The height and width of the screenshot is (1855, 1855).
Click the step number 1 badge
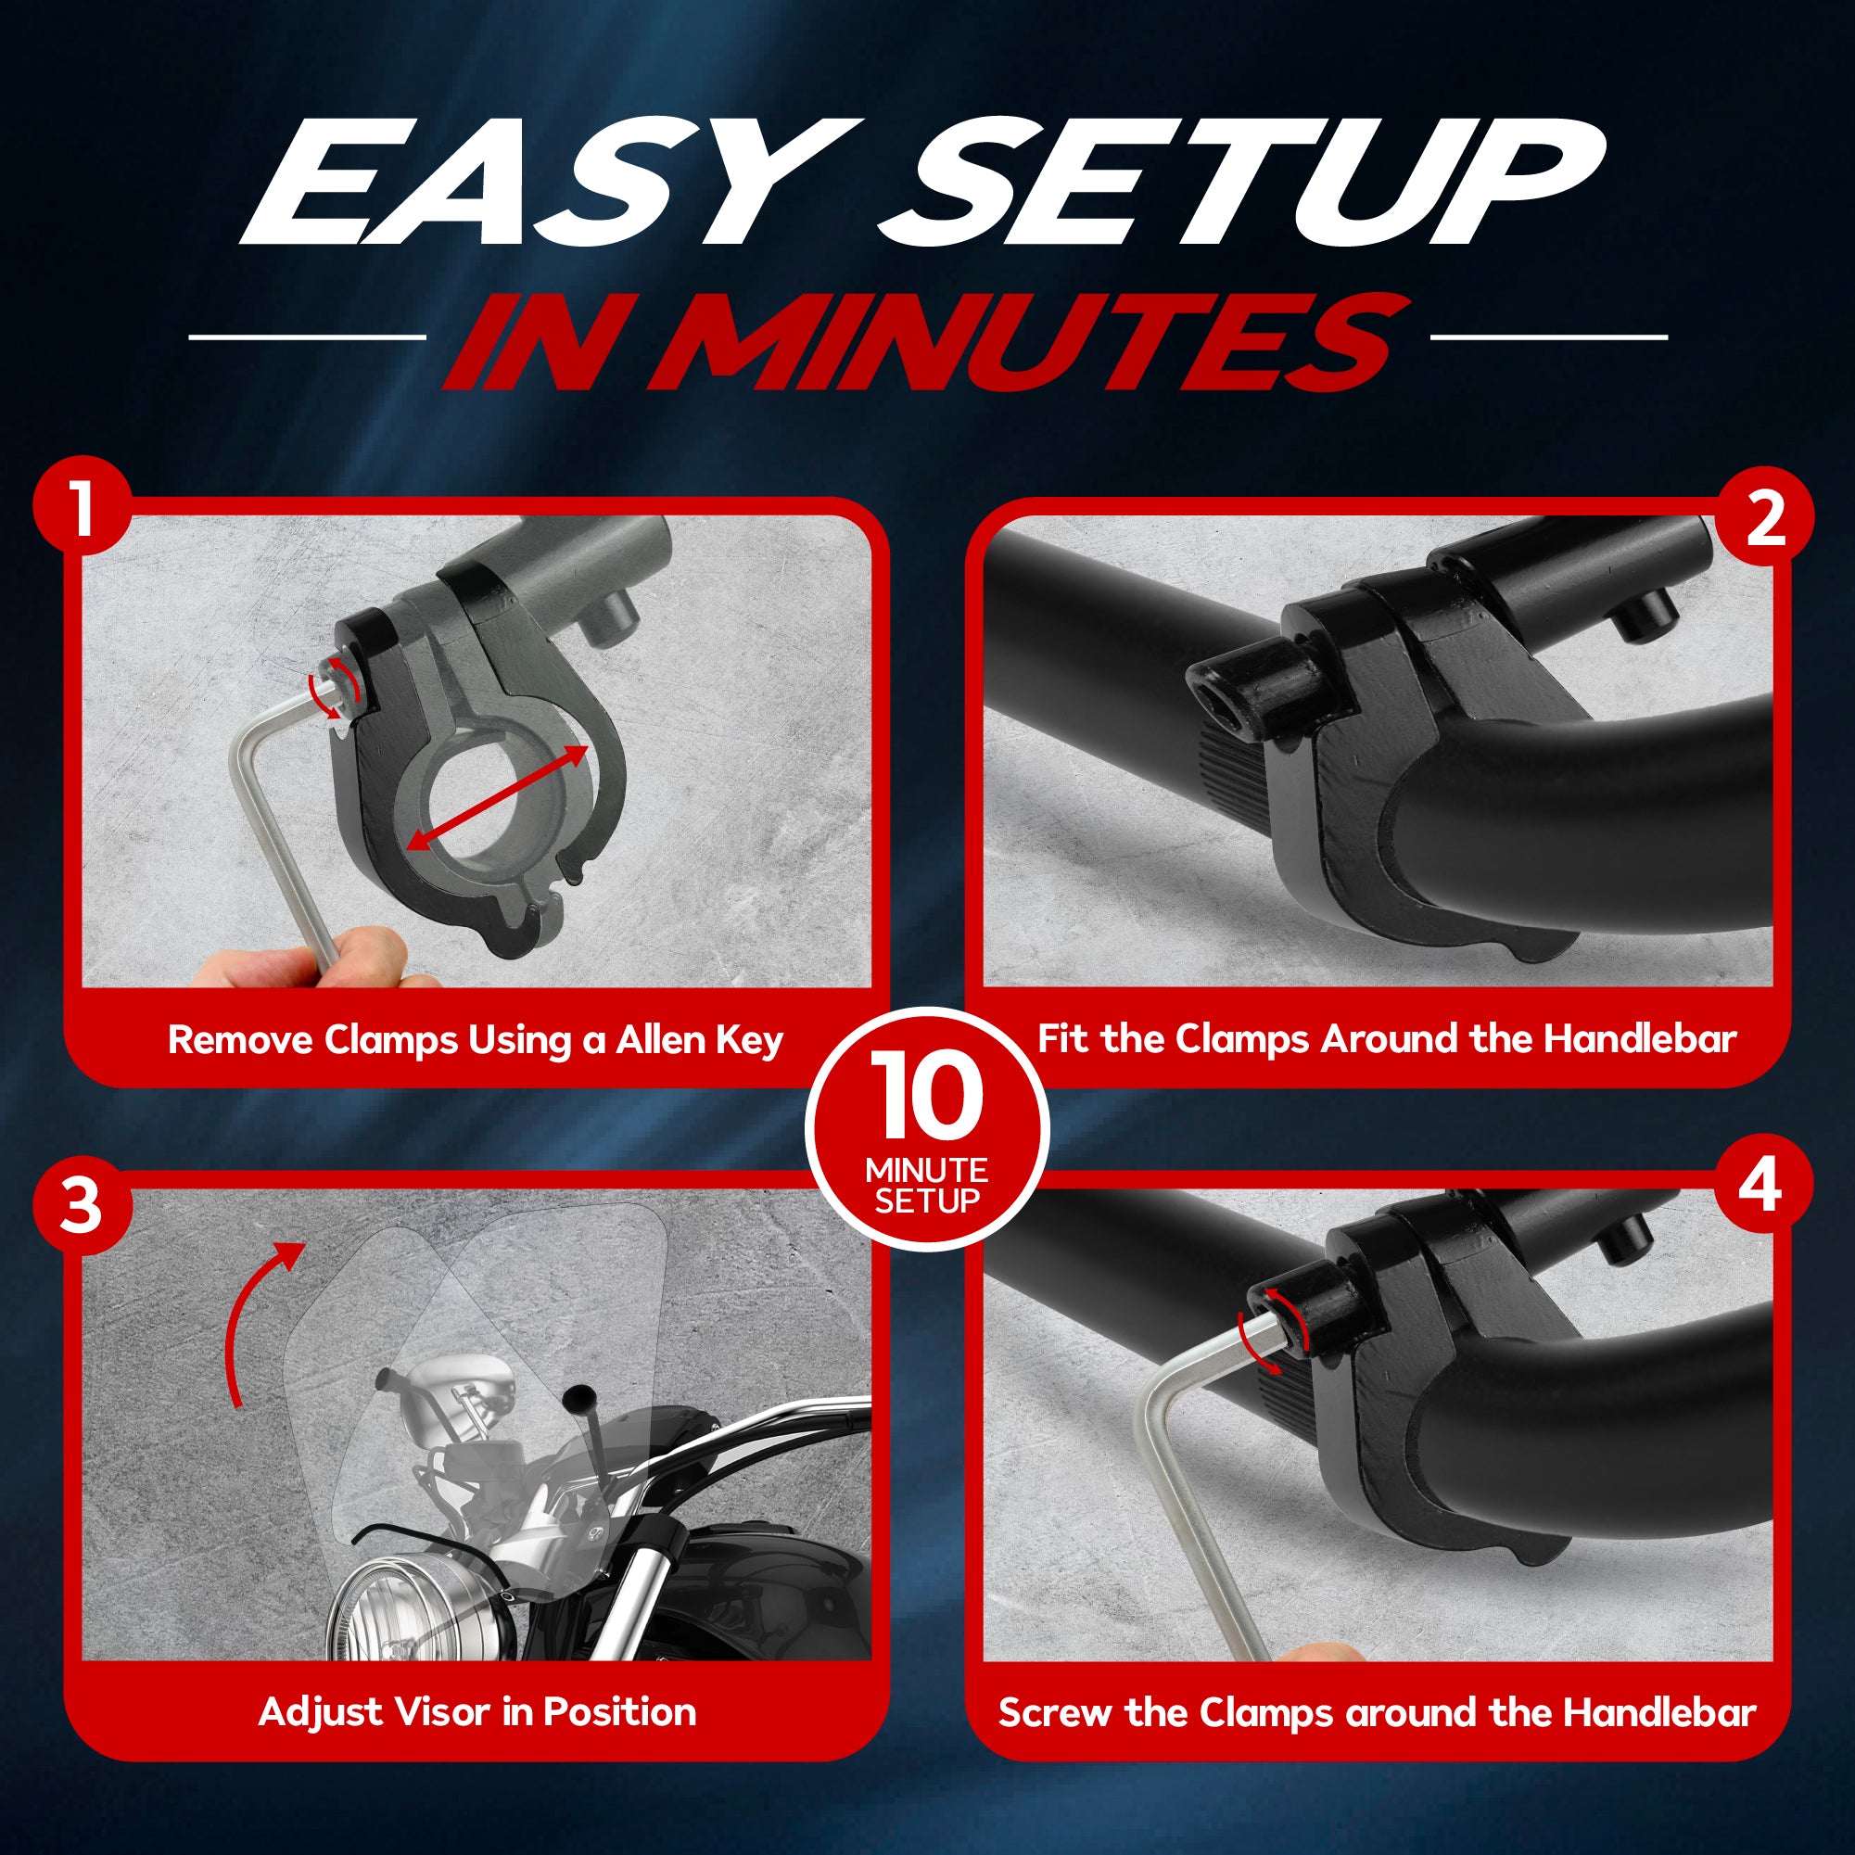(x=82, y=504)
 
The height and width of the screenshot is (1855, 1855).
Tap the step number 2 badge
(x=1765, y=519)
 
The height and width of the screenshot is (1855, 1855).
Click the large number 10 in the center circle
(x=926, y=1094)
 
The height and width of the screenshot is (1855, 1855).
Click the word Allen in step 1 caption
(x=661, y=1040)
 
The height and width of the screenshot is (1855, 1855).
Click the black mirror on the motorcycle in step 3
(x=579, y=1399)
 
